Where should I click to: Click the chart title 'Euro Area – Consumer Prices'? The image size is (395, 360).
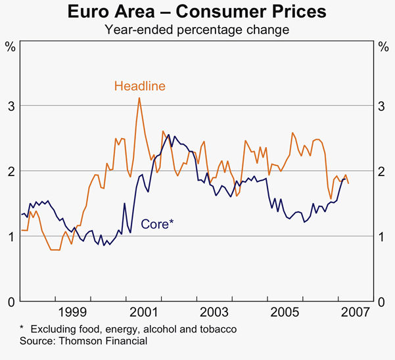(197, 12)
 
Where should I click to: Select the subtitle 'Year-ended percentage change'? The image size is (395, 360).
(197, 30)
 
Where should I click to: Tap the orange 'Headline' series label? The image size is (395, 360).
(139, 86)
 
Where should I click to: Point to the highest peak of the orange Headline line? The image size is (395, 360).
(139, 98)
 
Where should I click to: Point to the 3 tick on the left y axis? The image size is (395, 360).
(11, 106)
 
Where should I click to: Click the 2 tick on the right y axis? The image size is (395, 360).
(383, 171)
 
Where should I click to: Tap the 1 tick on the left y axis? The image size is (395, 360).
(11, 236)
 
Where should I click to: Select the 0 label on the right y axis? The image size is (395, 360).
(383, 302)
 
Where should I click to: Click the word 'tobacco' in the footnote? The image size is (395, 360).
(218, 328)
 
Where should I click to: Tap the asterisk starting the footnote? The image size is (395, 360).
(22, 328)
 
